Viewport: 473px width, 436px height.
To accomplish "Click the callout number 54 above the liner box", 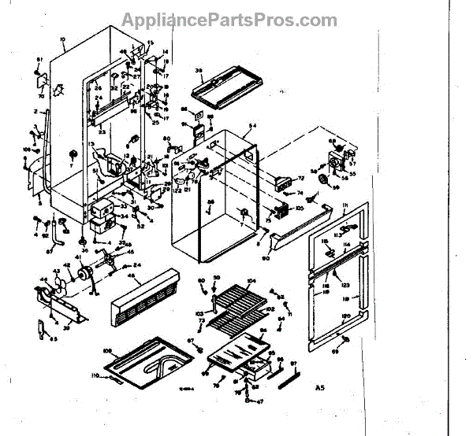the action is (253, 127).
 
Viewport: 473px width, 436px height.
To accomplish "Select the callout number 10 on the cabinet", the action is (62, 38).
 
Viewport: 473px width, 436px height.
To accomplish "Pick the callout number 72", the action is (300, 179).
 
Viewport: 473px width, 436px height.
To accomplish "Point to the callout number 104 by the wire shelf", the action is (254, 280).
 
